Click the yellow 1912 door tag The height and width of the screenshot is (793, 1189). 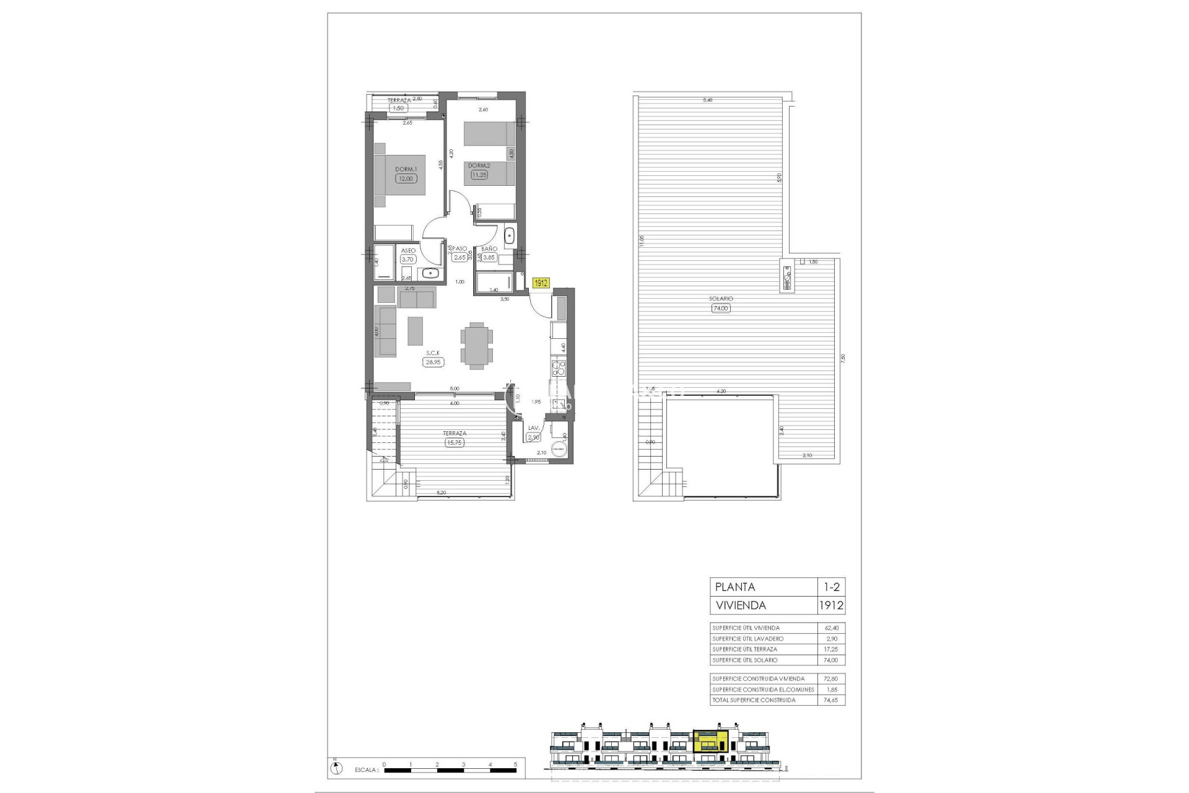541,283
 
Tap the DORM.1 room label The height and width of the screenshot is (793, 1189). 406,169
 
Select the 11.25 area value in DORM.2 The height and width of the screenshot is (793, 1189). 479,175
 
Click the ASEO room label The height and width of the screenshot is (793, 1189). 408,251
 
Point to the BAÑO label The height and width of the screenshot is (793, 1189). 489,249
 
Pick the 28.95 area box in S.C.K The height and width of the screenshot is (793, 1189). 433,362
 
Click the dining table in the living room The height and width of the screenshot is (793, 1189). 477,345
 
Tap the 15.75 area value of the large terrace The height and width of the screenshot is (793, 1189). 455,443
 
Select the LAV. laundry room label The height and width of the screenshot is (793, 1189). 533,428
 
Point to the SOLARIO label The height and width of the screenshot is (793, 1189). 721,299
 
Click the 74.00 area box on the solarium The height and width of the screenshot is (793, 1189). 721,308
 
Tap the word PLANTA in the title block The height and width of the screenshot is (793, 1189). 735,587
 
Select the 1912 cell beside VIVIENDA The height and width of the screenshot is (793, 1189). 831,605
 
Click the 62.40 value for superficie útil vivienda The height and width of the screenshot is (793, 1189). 831,628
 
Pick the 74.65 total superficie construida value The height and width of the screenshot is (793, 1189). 831,700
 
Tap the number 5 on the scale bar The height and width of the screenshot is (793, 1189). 515,765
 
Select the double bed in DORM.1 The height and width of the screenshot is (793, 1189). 400,175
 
